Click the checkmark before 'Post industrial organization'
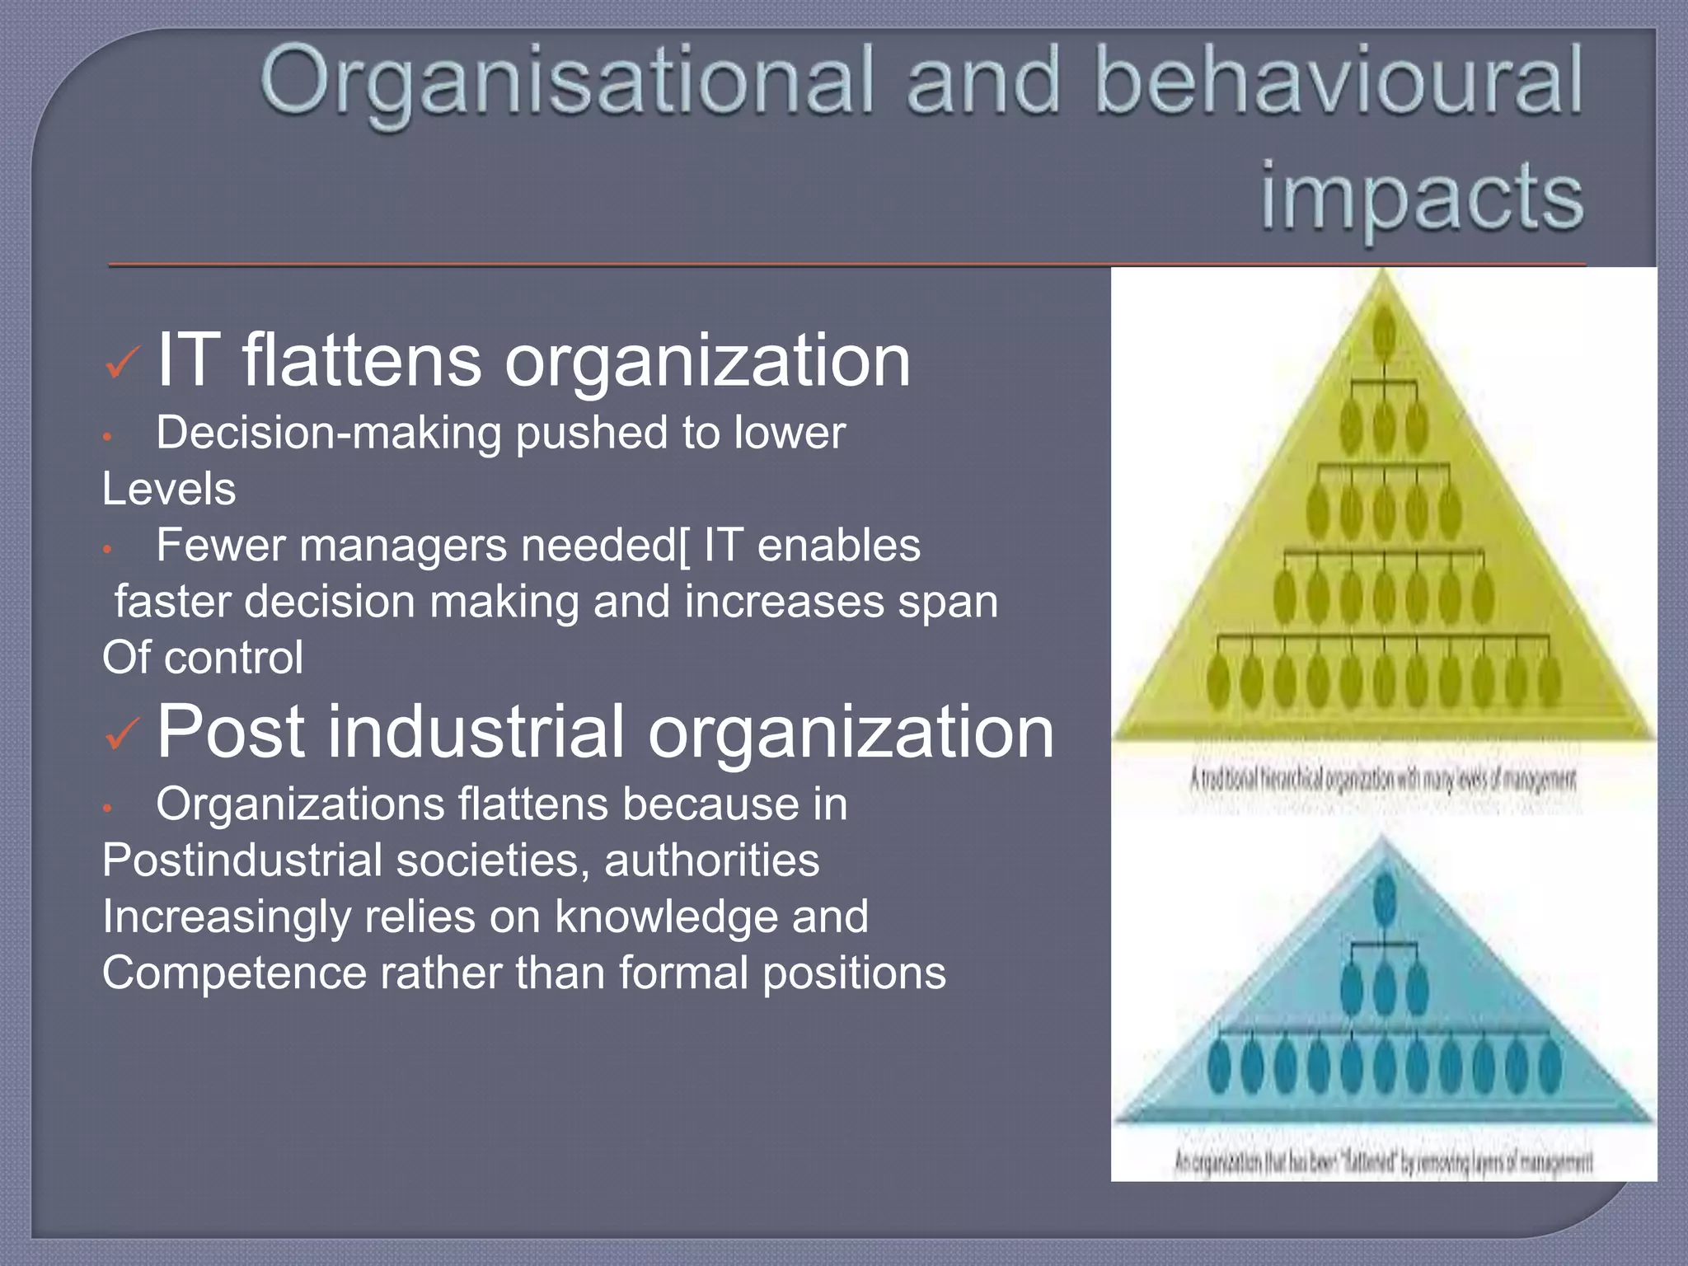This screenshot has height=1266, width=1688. (124, 733)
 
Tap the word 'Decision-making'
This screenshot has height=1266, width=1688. (328, 433)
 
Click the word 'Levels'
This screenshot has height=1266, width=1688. (169, 489)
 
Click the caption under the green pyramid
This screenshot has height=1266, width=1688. (1382, 779)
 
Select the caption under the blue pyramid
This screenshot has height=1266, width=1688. (1383, 1162)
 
